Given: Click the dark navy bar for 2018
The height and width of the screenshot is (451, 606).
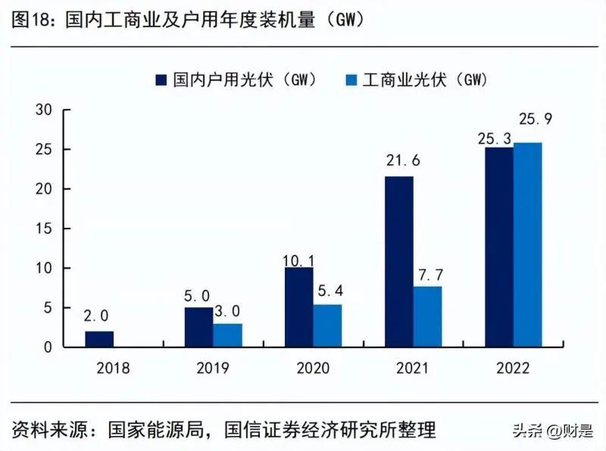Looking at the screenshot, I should (99, 339).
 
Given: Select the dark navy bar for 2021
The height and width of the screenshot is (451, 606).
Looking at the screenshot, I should (399, 261).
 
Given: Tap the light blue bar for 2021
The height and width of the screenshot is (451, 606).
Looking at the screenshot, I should (428, 316).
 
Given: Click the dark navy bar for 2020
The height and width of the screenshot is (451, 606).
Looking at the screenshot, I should (299, 306).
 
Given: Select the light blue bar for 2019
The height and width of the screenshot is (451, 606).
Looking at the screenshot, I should (228, 335).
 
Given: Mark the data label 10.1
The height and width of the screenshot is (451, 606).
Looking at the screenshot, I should (298, 260).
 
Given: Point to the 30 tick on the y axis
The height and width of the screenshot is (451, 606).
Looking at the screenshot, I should (43, 110).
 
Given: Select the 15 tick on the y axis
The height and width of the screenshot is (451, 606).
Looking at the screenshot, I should (43, 229).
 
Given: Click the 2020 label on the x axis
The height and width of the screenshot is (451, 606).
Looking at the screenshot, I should (314, 369).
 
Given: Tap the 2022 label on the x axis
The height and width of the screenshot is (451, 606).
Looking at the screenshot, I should (514, 369).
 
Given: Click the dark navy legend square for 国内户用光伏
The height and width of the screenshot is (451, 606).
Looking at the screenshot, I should (161, 79).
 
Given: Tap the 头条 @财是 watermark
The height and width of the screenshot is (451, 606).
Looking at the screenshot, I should (552, 431).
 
